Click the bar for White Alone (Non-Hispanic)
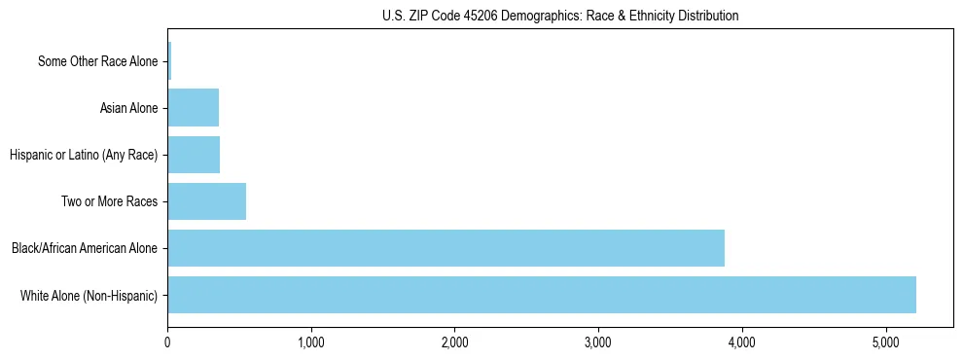coord(542,295)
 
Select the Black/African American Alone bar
coord(446,248)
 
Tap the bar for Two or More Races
coord(206,201)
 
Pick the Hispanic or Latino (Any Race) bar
coord(194,155)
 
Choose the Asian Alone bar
coord(193,108)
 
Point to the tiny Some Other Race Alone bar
coord(169,61)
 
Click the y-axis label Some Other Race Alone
coord(97,61)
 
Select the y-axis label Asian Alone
coord(128,108)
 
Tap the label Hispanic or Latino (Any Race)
coord(83,155)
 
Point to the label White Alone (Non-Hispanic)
coord(89,295)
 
